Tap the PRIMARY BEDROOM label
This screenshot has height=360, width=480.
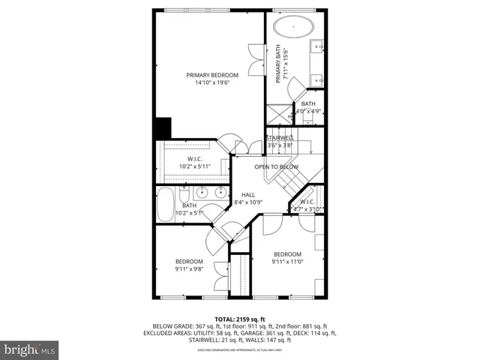coord(213,75)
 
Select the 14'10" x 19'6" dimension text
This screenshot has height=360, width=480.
coord(213,83)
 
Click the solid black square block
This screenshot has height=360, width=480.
coord(162,128)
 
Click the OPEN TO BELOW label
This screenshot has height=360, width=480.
coord(276,166)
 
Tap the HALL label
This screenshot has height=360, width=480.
coord(248,194)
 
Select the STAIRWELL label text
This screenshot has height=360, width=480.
coord(278,138)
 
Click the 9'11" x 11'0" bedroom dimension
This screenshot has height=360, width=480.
coord(286,262)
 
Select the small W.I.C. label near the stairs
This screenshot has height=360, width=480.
coord(307,201)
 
